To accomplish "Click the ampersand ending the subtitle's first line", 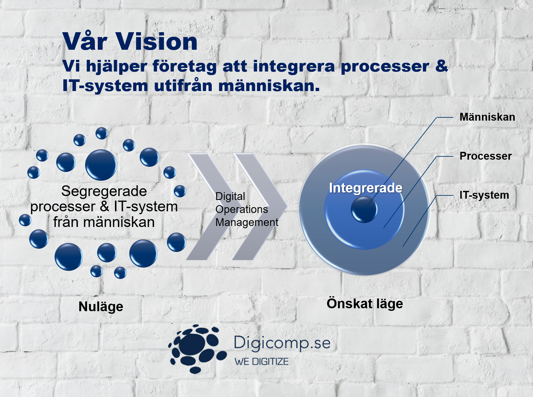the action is click(441, 66).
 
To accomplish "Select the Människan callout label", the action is click(487, 117).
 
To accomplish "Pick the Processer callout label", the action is click(486, 156).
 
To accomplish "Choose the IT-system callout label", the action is click(484, 195).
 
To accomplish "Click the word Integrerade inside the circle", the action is click(365, 188).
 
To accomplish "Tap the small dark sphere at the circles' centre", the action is click(364, 209).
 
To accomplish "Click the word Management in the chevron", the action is click(247, 222).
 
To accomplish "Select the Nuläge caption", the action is click(101, 307).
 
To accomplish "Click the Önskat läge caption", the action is click(364, 304).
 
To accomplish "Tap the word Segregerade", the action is click(104, 192).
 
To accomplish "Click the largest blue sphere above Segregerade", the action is click(101, 165).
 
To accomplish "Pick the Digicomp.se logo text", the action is click(282, 343).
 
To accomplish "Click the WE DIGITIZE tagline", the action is click(262, 362).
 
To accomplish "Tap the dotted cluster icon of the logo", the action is click(197, 349).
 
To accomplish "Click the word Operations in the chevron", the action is click(242, 209).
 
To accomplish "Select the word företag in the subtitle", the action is click(184, 66).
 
